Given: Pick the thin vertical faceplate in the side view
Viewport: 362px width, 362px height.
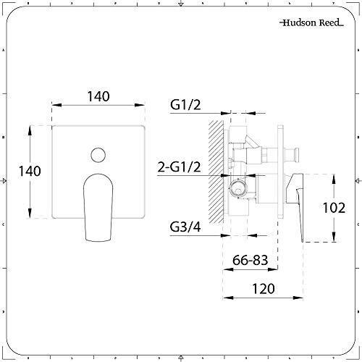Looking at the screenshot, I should [279, 172].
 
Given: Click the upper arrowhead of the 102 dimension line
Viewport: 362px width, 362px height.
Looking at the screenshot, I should [332, 176].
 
